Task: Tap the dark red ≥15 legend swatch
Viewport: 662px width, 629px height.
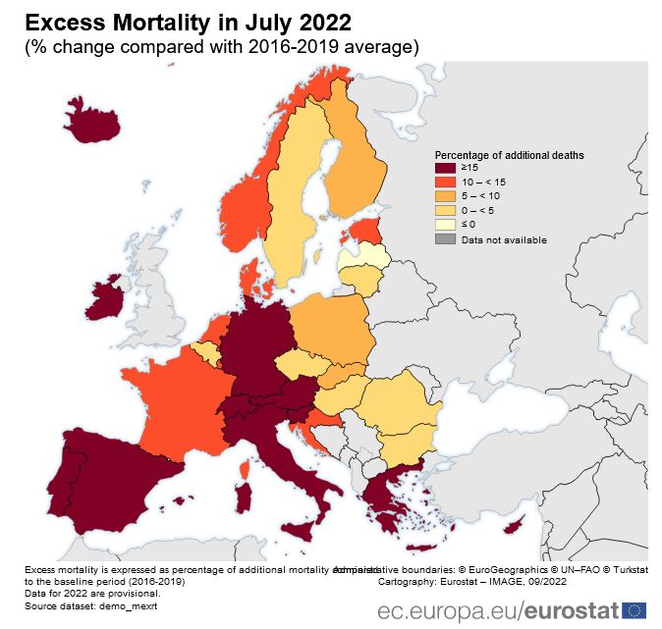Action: pos(445,170)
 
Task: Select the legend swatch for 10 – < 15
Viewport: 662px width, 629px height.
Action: pos(445,183)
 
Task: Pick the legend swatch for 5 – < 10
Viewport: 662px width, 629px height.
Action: pos(445,197)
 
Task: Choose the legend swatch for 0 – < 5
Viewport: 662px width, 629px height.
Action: pos(445,211)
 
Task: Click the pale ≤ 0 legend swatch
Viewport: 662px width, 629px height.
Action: pos(445,226)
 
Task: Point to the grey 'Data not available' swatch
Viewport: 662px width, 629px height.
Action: pos(445,239)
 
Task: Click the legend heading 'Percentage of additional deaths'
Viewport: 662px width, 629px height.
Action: pos(510,155)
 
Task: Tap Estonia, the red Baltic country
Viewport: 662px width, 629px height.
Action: pos(365,232)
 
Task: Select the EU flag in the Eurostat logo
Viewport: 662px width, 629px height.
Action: pos(634,609)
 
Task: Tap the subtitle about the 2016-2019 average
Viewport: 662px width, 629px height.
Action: pos(222,46)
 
